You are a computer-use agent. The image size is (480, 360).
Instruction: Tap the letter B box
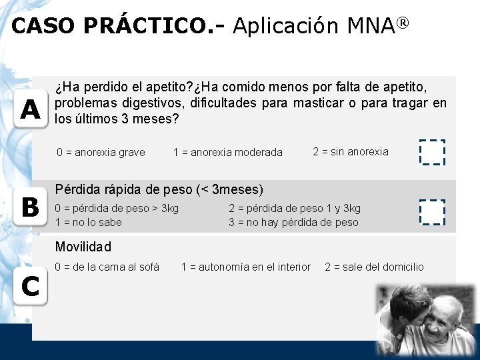(x=29, y=209)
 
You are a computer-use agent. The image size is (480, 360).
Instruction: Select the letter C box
(x=29, y=286)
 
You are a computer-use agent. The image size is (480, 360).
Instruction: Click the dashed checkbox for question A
(x=431, y=152)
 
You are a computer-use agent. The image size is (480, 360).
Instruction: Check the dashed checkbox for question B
(x=431, y=212)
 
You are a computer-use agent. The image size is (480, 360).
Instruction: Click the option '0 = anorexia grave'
(x=101, y=152)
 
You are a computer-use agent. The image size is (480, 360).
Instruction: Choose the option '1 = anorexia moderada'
(x=227, y=153)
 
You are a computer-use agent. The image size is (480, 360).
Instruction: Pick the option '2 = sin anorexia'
(x=350, y=151)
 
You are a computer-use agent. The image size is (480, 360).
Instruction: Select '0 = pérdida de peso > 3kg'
(x=117, y=208)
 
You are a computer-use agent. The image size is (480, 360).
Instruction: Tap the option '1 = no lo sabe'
(x=88, y=222)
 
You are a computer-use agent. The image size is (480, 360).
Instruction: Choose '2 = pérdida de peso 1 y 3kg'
(x=294, y=208)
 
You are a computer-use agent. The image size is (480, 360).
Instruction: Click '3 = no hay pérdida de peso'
(x=293, y=222)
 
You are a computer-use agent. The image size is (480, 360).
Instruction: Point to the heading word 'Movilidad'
(x=83, y=247)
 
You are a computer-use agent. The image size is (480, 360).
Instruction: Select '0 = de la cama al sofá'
(x=107, y=267)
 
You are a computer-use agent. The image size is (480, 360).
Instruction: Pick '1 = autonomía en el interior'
(x=246, y=267)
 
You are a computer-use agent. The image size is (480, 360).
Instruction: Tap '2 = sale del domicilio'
(x=374, y=267)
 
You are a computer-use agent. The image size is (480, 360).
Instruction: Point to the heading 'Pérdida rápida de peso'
(x=123, y=189)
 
